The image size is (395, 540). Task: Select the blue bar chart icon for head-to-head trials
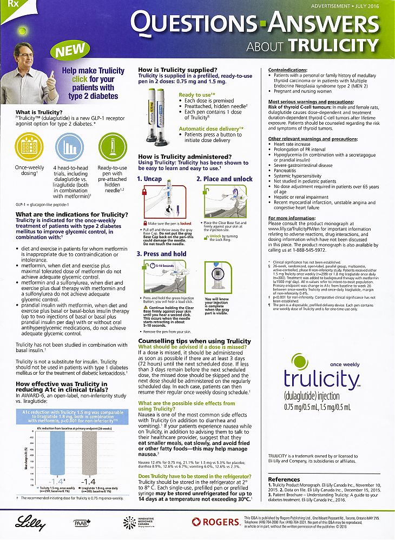(x=69, y=146)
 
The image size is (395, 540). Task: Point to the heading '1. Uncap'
(x=149, y=179)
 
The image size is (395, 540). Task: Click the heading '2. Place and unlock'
(x=224, y=179)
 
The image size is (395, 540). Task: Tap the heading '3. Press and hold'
(x=161, y=253)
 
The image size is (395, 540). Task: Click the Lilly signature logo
(x=27, y=522)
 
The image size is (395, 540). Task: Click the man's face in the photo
(x=24, y=56)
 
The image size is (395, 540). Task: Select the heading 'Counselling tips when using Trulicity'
(x=194, y=341)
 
